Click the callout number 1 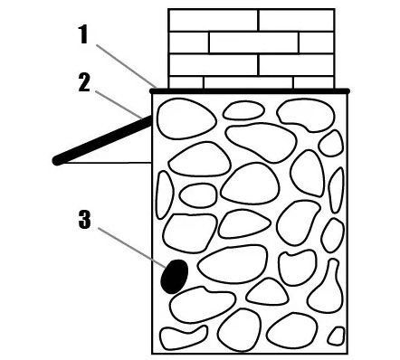pos(83,34)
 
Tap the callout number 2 pos(84,82)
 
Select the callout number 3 pos(84,220)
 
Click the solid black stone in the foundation pos(175,276)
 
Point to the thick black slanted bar pos(103,139)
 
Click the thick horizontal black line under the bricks pos(250,90)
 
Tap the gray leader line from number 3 pos(132,248)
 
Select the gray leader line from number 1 pos(126,66)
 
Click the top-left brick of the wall pos(214,20)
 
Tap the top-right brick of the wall pos(297,20)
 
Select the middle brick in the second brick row pos(253,43)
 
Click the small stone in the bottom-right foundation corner pos(337,336)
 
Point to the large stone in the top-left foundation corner pos(186,118)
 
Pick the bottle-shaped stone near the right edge pos(326,289)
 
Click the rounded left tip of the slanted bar pos(56,161)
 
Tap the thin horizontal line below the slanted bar pos(107,163)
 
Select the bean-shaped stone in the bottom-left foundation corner pos(183,337)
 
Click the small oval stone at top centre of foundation pos(243,110)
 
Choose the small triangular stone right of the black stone pos(267,293)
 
